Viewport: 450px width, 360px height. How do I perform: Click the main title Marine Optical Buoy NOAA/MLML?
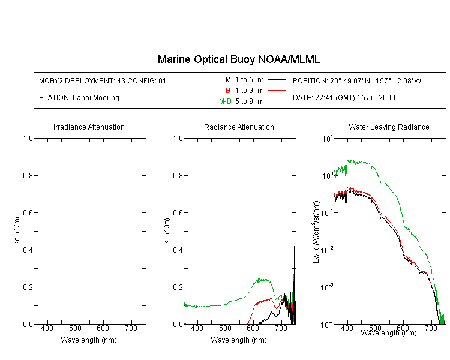click(x=238, y=59)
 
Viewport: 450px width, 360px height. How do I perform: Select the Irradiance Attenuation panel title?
click(x=89, y=127)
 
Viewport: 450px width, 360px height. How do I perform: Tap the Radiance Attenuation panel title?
click(x=239, y=127)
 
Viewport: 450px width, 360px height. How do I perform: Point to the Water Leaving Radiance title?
click(x=389, y=127)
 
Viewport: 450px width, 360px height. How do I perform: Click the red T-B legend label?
click(x=224, y=91)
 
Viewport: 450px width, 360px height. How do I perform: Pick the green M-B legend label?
click(x=225, y=101)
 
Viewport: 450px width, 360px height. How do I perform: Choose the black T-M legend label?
click(x=225, y=80)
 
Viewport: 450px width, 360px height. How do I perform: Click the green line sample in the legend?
click(x=277, y=101)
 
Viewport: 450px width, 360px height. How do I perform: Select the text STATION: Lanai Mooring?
click(x=79, y=98)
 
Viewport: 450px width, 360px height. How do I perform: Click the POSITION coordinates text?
click(x=357, y=80)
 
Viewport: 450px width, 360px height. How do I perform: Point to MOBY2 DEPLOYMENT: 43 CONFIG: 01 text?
click(x=103, y=80)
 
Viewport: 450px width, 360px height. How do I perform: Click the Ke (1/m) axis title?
click(x=17, y=231)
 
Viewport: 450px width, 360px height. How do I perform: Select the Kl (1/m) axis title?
click(x=167, y=232)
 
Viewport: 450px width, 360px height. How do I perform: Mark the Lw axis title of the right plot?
click(x=316, y=232)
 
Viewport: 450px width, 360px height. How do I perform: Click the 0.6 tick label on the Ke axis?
click(x=28, y=212)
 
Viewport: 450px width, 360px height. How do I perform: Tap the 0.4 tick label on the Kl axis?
click(x=178, y=250)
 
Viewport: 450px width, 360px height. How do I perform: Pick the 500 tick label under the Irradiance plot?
click(x=75, y=328)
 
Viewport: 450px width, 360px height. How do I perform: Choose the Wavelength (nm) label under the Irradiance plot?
click(x=89, y=340)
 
